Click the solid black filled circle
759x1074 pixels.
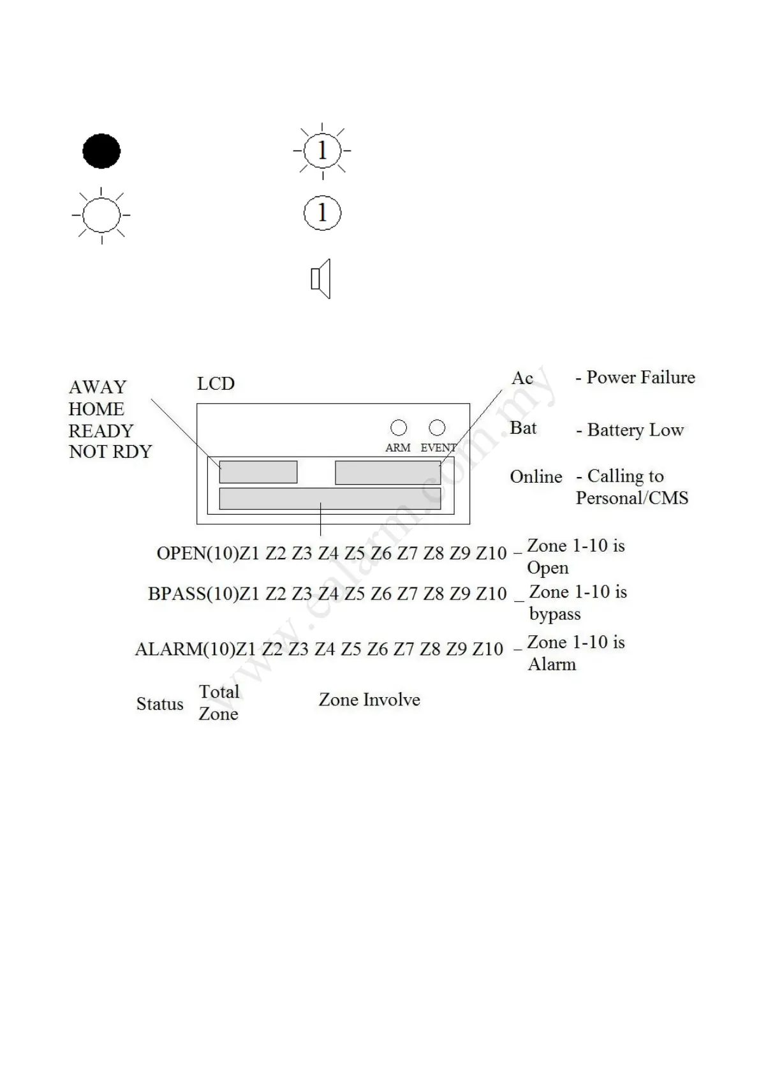pos(101,151)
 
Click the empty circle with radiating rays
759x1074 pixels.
pos(101,215)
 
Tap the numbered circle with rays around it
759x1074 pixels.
pos(322,151)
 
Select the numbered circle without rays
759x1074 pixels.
pos(322,212)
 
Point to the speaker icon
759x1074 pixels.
pos(321,279)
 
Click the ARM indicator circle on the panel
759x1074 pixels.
pos(399,427)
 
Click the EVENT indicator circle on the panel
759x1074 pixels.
pos(437,427)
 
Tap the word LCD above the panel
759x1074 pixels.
pos(216,384)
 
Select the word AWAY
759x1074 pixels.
pos(98,387)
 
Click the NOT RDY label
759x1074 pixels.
pos(110,452)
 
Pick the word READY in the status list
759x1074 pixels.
pos(101,430)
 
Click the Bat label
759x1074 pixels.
pos(523,428)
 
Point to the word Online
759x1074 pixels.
pos(536,477)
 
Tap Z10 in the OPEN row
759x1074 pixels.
pos(491,553)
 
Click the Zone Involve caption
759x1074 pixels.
pos(369,700)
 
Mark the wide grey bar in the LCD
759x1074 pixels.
pos(330,498)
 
